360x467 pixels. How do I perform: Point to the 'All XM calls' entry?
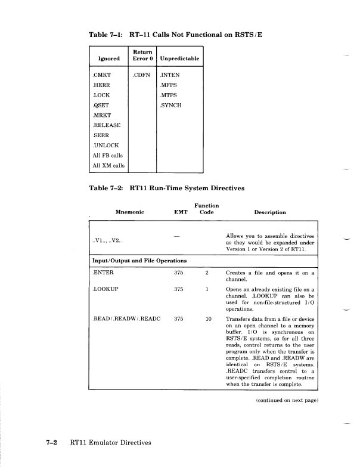[x=107, y=166]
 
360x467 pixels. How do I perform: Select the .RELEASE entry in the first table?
[x=107, y=125]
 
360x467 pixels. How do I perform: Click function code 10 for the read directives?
[x=208, y=319]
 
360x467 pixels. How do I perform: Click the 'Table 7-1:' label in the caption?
[x=105, y=35]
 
